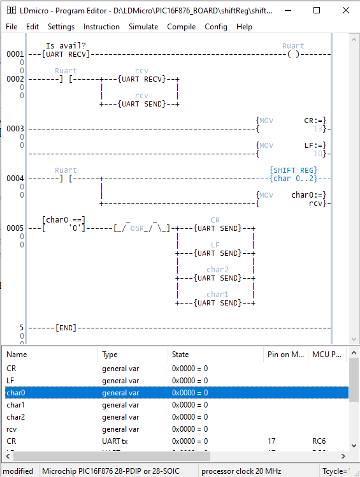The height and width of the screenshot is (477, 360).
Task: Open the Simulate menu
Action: [x=143, y=27]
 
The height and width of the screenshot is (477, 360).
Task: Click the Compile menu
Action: [x=182, y=27]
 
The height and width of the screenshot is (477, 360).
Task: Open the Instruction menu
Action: [x=101, y=27]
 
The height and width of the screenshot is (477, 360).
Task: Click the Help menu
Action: [x=244, y=27]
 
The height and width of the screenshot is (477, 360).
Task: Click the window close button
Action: [x=345, y=10]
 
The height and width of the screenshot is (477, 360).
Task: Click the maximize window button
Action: [x=315, y=10]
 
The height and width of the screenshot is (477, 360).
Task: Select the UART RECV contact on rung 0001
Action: [x=66, y=54]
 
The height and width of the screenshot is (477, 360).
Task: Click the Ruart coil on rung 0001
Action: [x=293, y=54]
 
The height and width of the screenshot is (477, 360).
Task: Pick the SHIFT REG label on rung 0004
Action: [x=293, y=170]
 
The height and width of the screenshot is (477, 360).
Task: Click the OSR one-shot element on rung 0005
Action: [x=141, y=228]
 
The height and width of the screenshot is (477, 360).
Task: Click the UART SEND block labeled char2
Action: [x=217, y=278]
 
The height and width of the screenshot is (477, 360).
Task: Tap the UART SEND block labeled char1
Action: [x=217, y=303]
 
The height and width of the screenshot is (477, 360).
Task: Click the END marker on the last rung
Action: [x=66, y=328]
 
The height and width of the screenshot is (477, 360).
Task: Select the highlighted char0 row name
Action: [x=16, y=393]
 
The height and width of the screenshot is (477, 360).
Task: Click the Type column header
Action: [x=110, y=354]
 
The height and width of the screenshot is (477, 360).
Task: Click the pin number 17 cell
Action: [x=271, y=441]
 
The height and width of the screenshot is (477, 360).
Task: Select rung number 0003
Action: [x=15, y=129]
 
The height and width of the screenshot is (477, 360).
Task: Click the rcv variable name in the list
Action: [x=12, y=429]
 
